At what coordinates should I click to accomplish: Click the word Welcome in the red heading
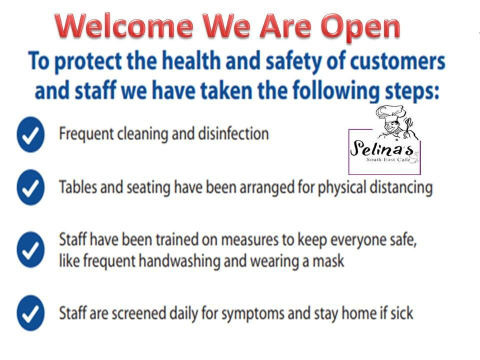(124, 26)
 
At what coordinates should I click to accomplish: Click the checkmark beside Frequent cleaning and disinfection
(30, 134)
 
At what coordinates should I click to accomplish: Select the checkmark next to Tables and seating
(30, 187)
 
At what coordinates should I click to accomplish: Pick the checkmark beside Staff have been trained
(30, 250)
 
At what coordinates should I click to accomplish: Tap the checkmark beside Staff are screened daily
(30, 313)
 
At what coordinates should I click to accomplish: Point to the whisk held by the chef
(408, 126)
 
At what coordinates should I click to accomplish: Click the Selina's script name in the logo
(381, 148)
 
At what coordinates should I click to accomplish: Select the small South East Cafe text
(388, 159)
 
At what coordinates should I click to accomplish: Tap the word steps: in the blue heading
(411, 91)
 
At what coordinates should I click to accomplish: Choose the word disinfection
(233, 134)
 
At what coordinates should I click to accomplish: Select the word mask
(328, 261)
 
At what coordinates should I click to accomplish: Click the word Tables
(78, 187)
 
